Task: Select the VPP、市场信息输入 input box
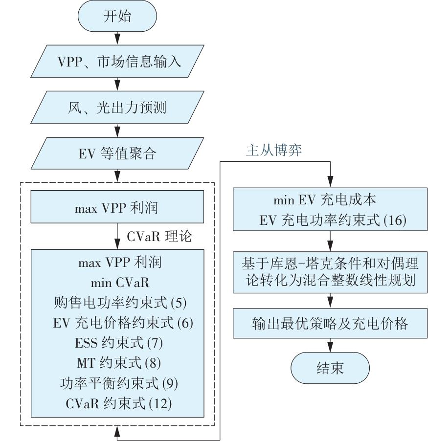coord(117,62)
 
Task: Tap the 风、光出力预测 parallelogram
coord(117,108)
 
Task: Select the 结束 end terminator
coord(331,368)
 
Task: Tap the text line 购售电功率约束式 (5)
coord(117,303)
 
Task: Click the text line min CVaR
coord(117,283)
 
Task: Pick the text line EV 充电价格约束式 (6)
coord(117,323)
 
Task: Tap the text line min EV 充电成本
coord(331,200)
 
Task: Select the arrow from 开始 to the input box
coord(117,37)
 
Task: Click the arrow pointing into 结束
coord(331,345)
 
